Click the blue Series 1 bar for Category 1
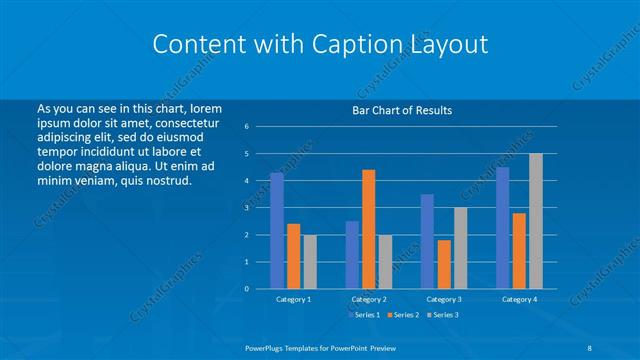[x=277, y=230]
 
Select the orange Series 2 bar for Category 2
[x=368, y=229]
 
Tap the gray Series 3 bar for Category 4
[x=535, y=221]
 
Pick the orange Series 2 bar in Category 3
[x=444, y=264]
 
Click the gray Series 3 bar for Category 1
[x=310, y=262]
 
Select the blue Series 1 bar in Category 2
[x=352, y=255]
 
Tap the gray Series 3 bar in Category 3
[x=460, y=248]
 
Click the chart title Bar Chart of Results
[x=403, y=110]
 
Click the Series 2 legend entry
[x=403, y=315]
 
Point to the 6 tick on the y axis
[x=246, y=127]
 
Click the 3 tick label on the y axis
[x=246, y=208]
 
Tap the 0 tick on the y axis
[x=246, y=289]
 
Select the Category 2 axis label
[x=369, y=299]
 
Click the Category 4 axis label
[x=519, y=299]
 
